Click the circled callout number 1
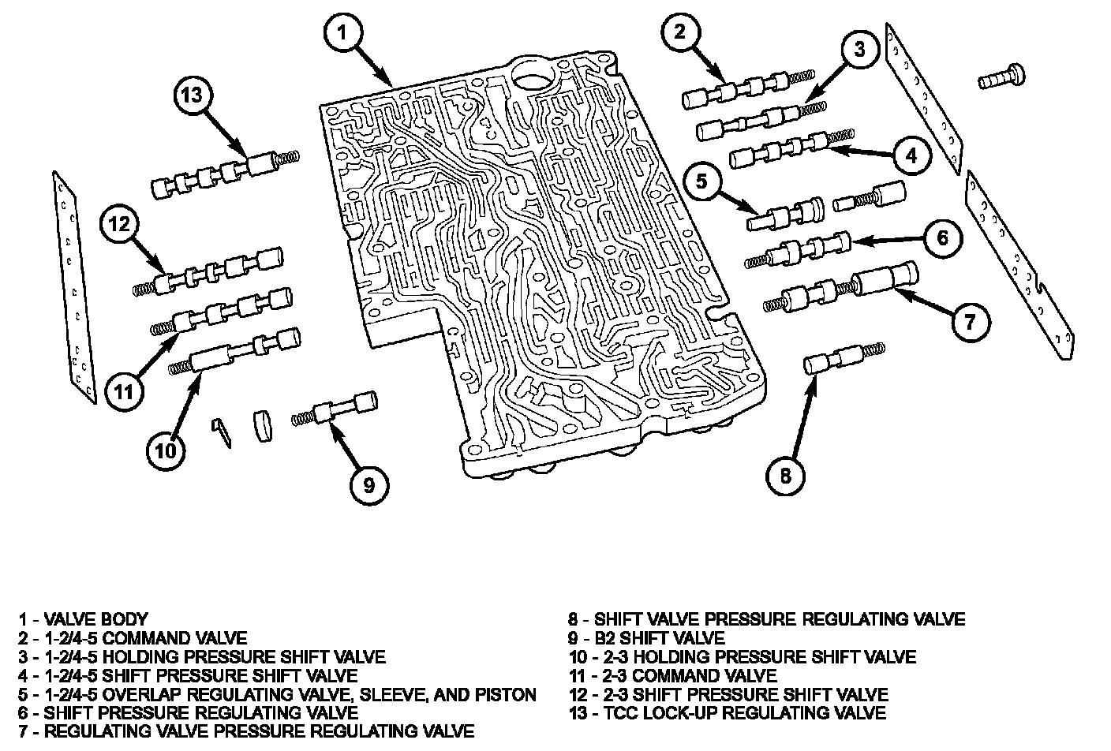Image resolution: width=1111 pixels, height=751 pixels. pos(343,32)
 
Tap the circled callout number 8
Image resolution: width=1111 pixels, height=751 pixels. pos(785,476)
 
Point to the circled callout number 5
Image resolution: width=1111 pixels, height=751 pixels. pos(701,181)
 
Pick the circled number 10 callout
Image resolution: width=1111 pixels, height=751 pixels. pos(166,451)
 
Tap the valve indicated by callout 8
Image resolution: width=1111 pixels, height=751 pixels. pos(844,358)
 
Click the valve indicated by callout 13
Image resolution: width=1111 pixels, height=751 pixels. pos(225,174)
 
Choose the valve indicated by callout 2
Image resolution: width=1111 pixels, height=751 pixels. pos(748,89)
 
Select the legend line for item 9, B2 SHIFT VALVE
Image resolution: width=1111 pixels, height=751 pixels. pos(647,637)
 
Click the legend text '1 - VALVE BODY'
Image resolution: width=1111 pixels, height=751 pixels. pos(84,619)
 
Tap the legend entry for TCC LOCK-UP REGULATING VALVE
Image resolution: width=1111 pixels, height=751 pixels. pos(728,713)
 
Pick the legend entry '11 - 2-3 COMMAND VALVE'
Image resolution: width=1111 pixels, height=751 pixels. pos(673,675)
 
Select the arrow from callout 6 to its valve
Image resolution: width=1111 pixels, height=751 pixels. pos(888,241)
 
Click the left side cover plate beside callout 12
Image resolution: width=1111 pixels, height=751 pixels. pos(74,287)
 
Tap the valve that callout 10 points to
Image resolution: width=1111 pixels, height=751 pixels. pos(234,352)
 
